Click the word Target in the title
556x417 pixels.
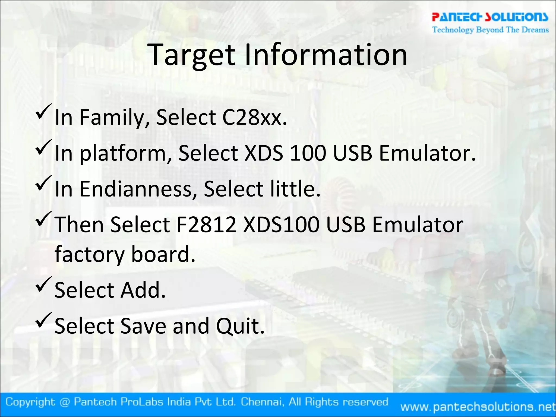coord(192,56)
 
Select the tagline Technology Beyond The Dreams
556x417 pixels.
coord(490,30)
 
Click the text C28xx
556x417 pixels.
coord(254,117)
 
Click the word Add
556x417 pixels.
coord(143,290)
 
